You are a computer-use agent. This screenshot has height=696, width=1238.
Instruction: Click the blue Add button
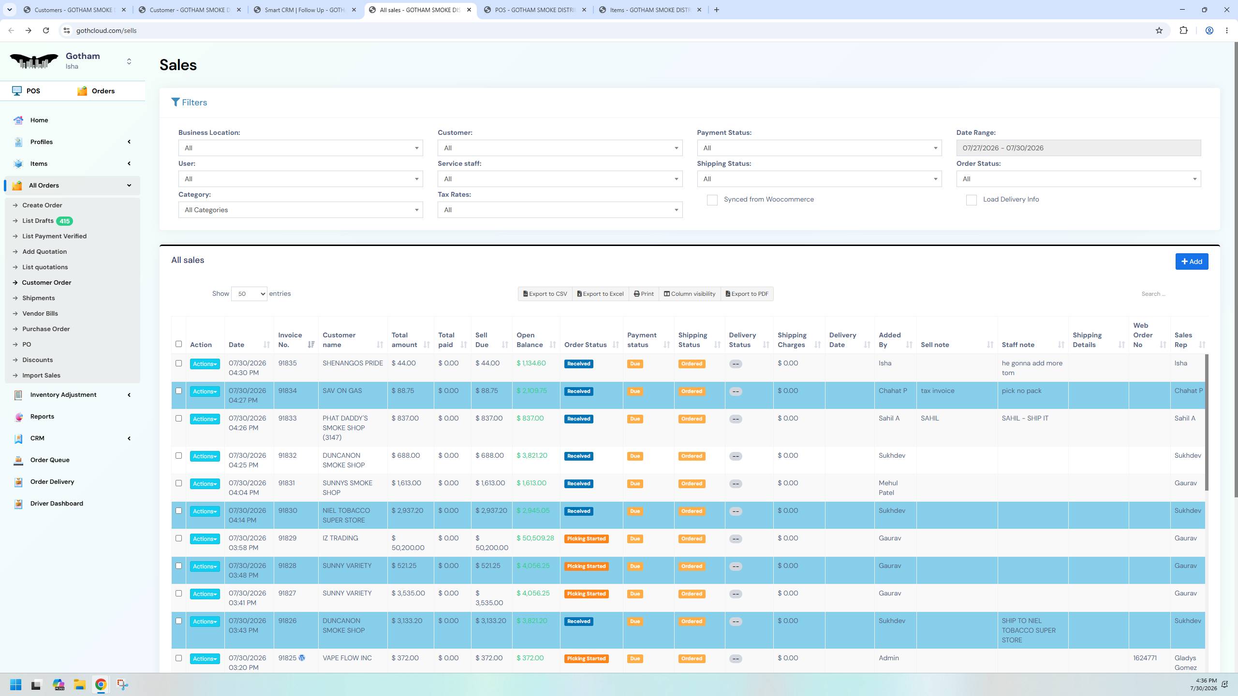pyautogui.click(x=1192, y=261)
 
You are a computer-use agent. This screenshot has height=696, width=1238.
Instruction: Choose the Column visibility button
pyautogui.click(x=690, y=294)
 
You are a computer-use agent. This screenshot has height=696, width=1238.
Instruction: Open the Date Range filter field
pyautogui.click(x=1078, y=148)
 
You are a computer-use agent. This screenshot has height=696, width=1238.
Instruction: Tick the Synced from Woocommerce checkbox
pyautogui.click(x=712, y=200)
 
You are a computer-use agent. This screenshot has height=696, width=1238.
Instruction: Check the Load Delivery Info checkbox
pyautogui.click(x=971, y=200)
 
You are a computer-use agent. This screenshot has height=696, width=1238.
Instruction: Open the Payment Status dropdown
pyautogui.click(x=819, y=148)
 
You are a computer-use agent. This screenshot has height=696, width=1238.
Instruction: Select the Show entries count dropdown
pyautogui.click(x=249, y=294)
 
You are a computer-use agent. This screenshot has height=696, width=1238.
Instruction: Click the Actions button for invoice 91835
pyautogui.click(x=205, y=364)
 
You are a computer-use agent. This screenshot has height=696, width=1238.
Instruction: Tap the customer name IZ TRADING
pyautogui.click(x=340, y=538)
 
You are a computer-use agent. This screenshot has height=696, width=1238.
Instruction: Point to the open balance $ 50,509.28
pyautogui.click(x=535, y=538)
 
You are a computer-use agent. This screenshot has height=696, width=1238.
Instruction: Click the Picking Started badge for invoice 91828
pyautogui.click(x=586, y=566)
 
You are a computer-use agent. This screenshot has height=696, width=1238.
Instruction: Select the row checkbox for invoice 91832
pyautogui.click(x=178, y=456)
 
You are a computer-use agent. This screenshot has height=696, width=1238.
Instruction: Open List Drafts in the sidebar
pyautogui.click(x=38, y=221)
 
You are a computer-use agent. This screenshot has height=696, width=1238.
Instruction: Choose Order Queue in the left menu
pyautogui.click(x=50, y=460)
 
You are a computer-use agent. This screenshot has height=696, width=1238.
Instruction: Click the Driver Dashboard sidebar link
pyautogui.click(x=57, y=503)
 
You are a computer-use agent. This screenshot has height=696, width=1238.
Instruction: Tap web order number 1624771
pyautogui.click(x=1145, y=658)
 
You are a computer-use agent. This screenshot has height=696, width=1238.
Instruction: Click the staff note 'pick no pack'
pyautogui.click(x=1021, y=391)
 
